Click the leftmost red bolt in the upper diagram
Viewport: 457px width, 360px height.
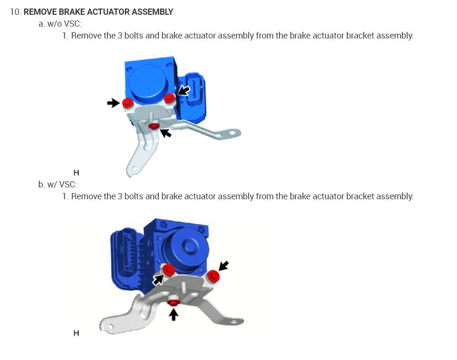[127, 103]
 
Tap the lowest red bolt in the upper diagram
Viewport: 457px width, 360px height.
[154, 126]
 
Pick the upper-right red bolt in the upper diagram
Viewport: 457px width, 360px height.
[169, 98]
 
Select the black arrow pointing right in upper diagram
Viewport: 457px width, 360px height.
[114, 103]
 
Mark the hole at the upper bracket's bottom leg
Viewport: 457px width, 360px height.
[135, 167]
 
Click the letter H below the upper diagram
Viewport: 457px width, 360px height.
[76, 173]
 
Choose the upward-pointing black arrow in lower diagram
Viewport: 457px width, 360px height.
[175, 314]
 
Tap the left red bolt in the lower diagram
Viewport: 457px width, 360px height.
[168, 271]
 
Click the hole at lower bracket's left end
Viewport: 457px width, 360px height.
[110, 327]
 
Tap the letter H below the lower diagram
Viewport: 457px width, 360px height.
[76, 333]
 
